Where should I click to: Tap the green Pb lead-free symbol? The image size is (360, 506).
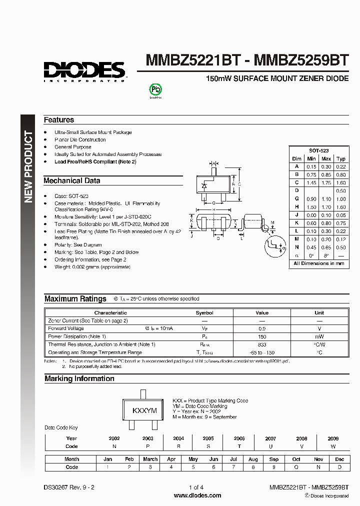(156, 89)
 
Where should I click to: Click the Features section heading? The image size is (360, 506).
(59, 120)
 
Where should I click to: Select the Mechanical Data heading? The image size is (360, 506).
(72, 180)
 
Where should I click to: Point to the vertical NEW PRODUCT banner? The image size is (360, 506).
(28, 167)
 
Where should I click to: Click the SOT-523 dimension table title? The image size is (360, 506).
(319, 150)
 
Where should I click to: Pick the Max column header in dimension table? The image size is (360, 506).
(326, 159)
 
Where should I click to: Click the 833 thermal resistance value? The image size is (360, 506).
(261, 344)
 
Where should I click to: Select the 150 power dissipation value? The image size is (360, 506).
(261, 336)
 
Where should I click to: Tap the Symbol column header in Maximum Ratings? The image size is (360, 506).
(204, 313)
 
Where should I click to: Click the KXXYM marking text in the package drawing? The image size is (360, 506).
(144, 410)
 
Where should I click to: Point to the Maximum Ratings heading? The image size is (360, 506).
(75, 299)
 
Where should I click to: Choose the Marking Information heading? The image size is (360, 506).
(79, 379)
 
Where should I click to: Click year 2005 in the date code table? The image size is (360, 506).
(209, 438)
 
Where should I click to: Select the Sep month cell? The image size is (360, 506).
(274, 459)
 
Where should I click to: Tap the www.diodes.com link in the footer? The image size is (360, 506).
(197, 495)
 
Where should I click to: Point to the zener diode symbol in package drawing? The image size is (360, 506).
(203, 185)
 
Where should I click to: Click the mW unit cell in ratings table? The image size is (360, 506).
(319, 336)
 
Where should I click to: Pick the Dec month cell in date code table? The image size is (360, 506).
(339, 459)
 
